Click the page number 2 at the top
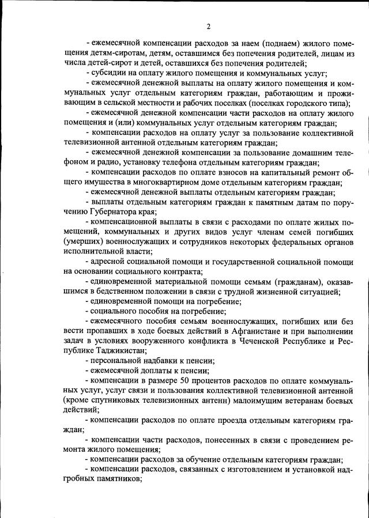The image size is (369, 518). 209,27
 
